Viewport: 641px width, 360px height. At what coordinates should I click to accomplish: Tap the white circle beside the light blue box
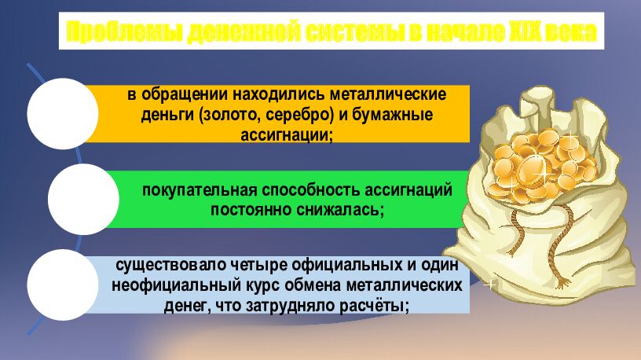coord(60,285)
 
